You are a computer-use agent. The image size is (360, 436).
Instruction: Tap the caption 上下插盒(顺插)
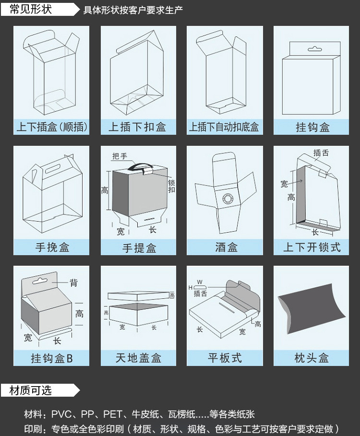(x=51, y=127)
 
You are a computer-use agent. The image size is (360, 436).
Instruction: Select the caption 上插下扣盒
(x=138, y=127)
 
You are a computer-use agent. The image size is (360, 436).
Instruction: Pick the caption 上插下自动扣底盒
(x=224, y=127)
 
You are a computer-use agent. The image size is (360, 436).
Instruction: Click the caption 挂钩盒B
(x=51, y=358)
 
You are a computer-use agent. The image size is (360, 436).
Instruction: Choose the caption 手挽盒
(x=51, y=247)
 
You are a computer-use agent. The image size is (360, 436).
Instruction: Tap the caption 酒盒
(x=224, y=247)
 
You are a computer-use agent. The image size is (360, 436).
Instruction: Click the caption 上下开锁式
(x=311, y=247)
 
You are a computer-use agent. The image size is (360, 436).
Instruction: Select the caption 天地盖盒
(x=138, y=358)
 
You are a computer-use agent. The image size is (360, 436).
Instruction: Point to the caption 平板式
(x=224, y=358)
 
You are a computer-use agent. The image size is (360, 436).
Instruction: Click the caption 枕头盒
(x=311, y=358)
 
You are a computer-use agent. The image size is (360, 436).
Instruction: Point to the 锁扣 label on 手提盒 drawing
(x=171, y=186)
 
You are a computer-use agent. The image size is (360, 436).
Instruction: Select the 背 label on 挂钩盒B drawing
(x=73, y=283)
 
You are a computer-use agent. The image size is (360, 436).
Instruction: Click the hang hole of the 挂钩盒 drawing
(x=313, y=48)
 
